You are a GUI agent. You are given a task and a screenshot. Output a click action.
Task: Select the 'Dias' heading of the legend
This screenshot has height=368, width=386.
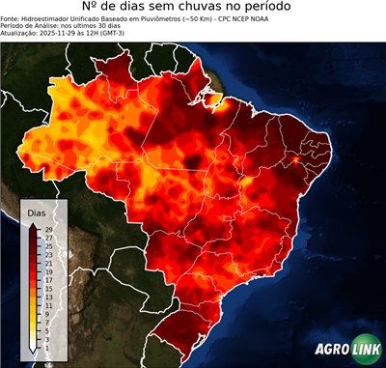[37, 212]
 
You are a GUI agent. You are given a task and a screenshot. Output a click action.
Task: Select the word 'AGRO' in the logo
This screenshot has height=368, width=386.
[330, 350]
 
